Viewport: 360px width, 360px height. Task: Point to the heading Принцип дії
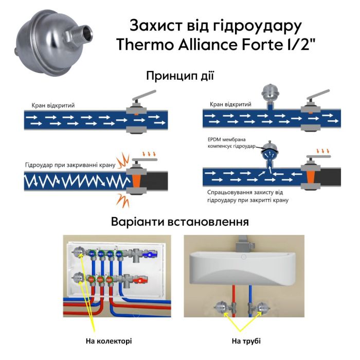179,76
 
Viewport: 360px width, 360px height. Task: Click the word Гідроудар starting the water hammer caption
42,166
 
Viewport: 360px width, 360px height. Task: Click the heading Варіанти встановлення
180,223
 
